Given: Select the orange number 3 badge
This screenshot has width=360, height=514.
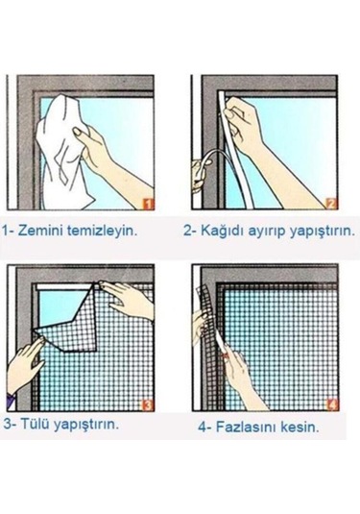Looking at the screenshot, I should tap(147, 404).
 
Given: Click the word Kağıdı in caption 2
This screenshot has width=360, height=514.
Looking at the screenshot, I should tap(220, 232).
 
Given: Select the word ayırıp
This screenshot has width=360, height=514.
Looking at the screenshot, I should tap(268, 232).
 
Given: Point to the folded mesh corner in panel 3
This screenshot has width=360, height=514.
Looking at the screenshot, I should tap(67, 312).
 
